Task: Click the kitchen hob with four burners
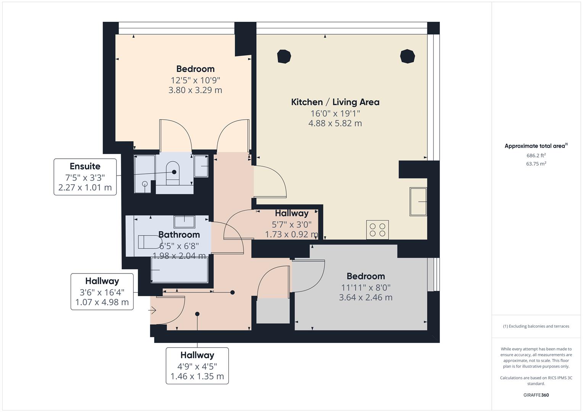point(377,230)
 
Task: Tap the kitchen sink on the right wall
point(418,201)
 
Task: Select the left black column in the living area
point(284,56)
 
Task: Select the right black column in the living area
point(407,56)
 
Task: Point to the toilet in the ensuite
point(173,173)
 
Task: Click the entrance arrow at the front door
point(152,311)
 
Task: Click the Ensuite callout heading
point(85,166)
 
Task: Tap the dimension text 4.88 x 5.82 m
point(335,123)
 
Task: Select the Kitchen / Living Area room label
point(335,102)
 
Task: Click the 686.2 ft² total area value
point(536,155)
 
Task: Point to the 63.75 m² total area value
point(536,164)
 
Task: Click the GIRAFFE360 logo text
point(536,395)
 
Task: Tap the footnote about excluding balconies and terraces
point(536,326)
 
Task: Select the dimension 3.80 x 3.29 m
point(195,90)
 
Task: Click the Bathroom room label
point(179,235)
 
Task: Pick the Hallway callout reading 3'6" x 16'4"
point(102,291)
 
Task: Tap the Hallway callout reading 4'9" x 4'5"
point(197,365)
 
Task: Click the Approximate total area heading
point(536,146)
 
